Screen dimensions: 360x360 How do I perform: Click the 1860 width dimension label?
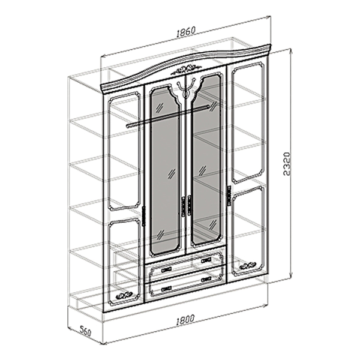tap(186, 32)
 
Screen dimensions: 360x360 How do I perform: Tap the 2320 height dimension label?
tap(287, 163)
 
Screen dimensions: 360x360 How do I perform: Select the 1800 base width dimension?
tap(185, 320)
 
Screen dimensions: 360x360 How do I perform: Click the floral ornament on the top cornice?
tap(186, 69)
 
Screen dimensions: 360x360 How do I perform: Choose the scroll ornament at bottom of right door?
tap(247, 266)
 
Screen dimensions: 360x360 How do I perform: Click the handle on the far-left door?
tap(144, 217)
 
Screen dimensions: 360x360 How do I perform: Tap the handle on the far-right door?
tap(229, 196)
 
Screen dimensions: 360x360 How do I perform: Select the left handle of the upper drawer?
tap(166, 269)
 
